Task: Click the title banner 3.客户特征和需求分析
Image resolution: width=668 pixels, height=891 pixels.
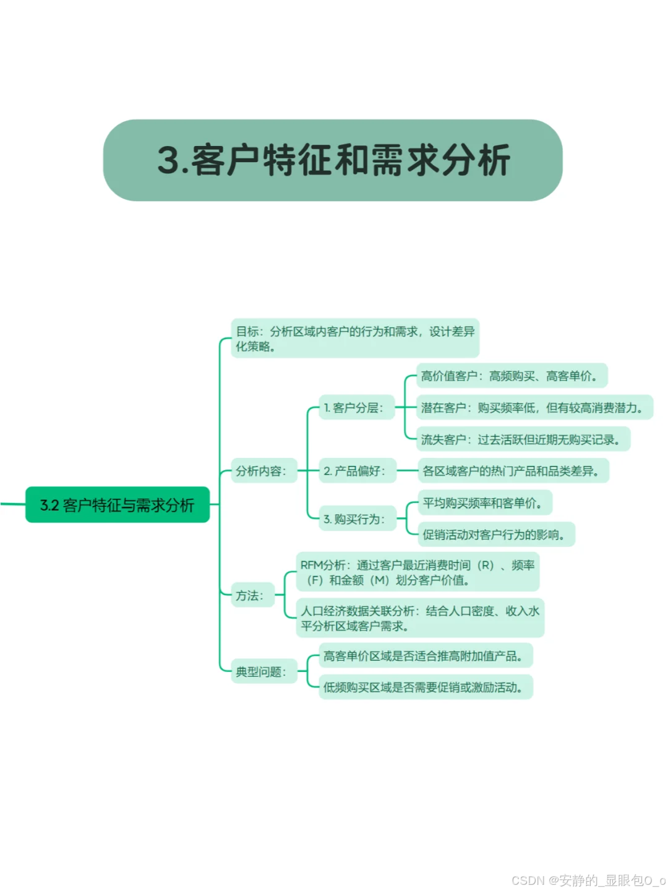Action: click(333, 160)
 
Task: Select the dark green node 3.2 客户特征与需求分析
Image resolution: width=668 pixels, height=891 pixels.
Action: click(118, 505)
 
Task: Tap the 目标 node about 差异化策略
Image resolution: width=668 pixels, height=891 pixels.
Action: click(355, 338)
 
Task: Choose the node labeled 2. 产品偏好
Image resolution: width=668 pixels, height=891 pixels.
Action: click(356, 471)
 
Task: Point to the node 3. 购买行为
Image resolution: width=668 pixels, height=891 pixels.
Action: click(356, 519)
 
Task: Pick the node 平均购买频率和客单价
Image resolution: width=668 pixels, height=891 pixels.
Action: click(484, 503)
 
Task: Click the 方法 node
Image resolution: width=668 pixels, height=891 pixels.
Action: click(251, 595)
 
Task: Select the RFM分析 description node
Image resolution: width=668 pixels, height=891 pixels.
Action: click(417, 572)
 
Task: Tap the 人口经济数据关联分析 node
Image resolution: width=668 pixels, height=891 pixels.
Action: click(419, 618)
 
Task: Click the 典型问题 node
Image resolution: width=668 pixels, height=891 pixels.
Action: click(262, 671)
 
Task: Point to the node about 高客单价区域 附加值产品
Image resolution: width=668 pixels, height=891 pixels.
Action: click(425, 656)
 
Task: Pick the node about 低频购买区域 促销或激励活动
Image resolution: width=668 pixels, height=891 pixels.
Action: click(425, 687)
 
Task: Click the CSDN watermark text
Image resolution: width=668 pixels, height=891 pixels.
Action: click(588, 880)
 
